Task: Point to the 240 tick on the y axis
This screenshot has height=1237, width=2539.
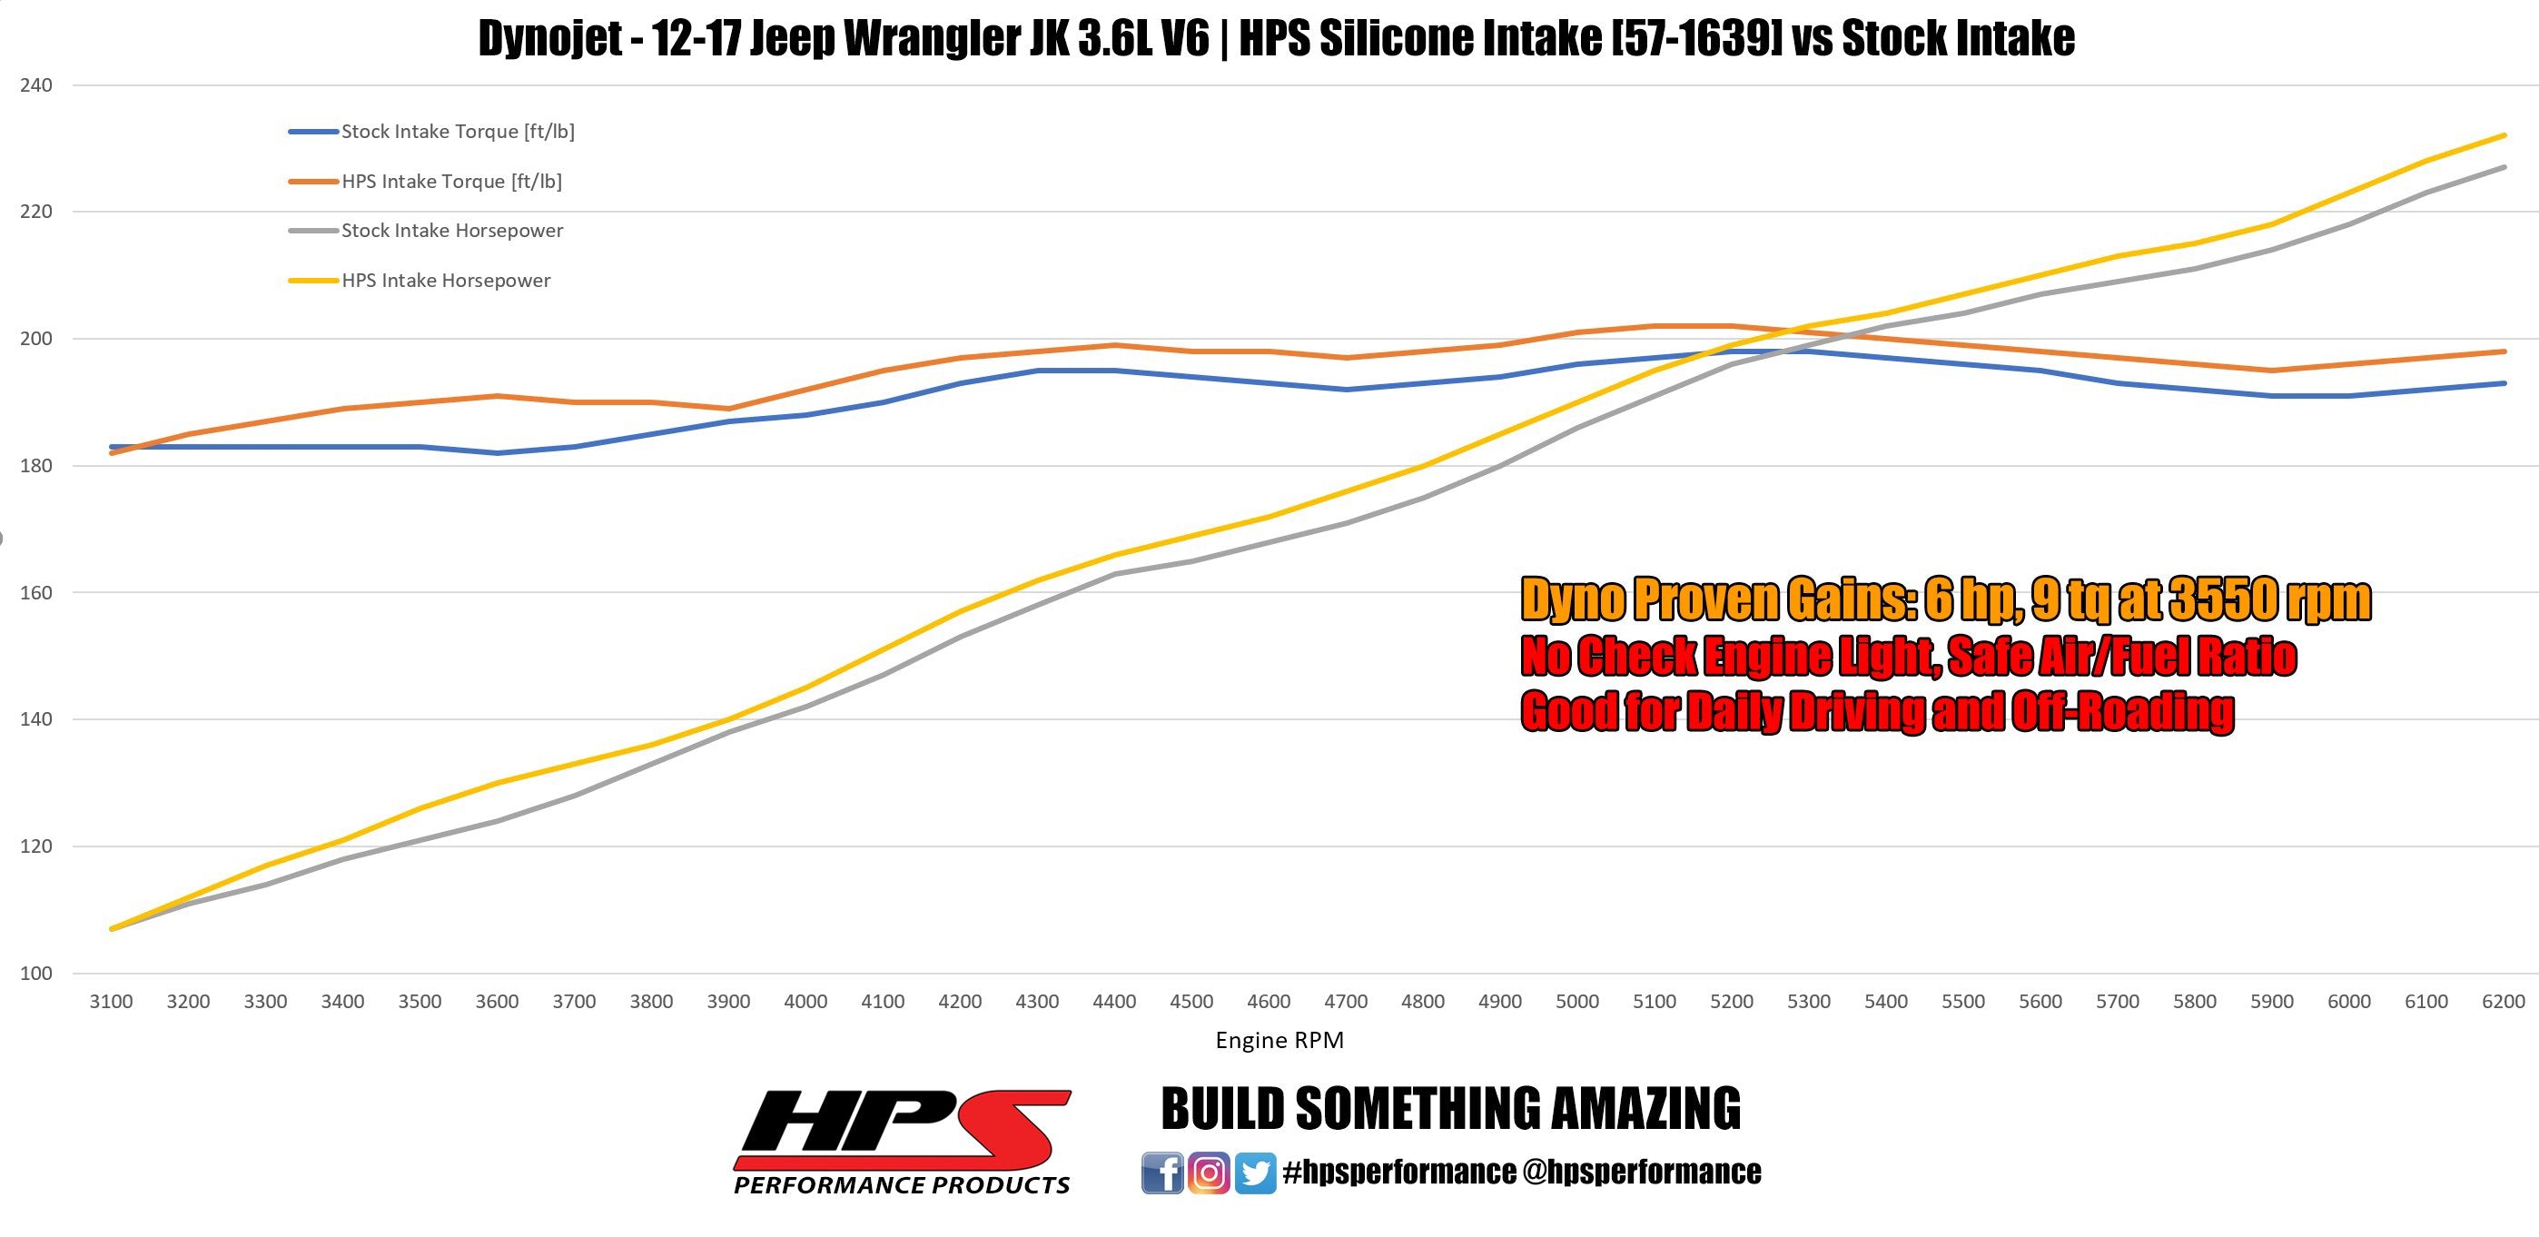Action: (x=35, y=85)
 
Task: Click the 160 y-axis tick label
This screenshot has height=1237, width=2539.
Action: (x=35, y=593)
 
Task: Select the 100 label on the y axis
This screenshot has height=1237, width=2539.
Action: (x=35, y=974)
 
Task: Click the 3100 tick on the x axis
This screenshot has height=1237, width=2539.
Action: (x=112, y=1003)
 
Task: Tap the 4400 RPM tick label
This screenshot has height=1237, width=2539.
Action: (x=1114, y=1003)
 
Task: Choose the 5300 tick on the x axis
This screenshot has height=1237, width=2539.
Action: (x=1809, y=1003)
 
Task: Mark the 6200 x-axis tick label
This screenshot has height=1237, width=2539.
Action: (x=2504, y=1003)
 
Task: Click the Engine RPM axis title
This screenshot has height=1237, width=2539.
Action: (x=1279, y=1041)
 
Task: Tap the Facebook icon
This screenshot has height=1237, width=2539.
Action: (x=1162, y=1173)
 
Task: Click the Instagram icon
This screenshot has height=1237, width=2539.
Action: (x=1209, y=1173)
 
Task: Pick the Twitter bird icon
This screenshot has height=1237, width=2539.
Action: (x=1255, y=1173)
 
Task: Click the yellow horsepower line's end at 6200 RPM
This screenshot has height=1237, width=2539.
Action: (x=2504, y=136)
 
